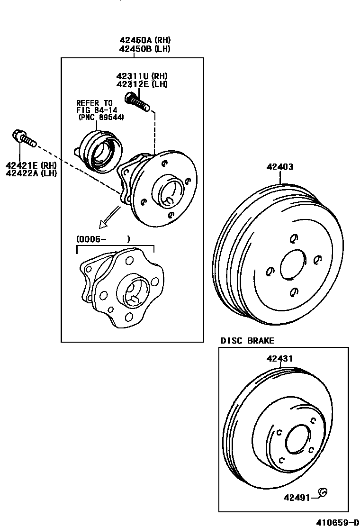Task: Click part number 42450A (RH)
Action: (145, 40)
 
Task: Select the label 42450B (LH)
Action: (145, 48)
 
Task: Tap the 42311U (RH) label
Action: (142, 76)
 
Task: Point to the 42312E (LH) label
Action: (142, 84)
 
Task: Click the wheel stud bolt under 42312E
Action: (136, 101)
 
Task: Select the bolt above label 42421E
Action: (23, 139)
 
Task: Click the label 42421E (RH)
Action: (31, 165)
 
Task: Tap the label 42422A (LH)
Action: (31, 173)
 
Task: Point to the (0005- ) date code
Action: (103, 240)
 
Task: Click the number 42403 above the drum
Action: (279, 167)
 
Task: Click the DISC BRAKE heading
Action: (247, 340)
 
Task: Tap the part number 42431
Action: (279, 359)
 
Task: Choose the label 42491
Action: (297, 498)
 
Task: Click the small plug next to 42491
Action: (323, 493)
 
